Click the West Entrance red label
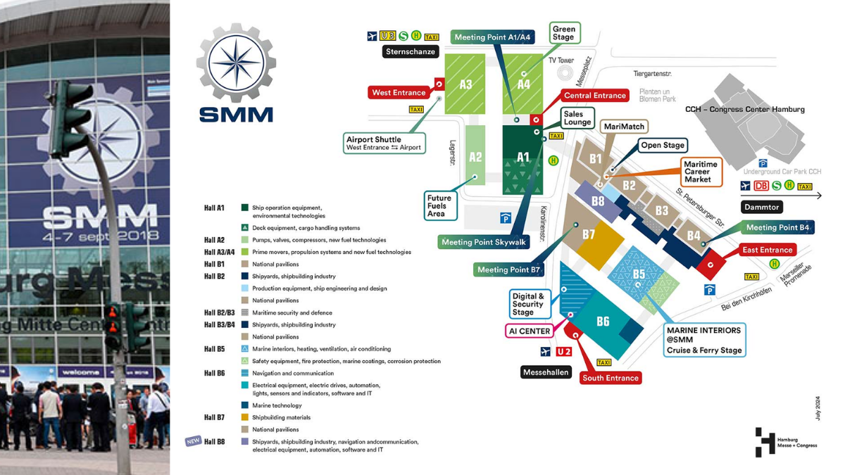399,92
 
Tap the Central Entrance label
594,96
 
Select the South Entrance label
610,378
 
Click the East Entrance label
767,250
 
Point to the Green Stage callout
563,33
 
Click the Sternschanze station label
411,51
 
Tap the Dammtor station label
762,207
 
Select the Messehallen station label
546,372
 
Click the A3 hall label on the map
465,84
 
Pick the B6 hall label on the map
603,322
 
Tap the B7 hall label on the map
589,234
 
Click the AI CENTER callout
530,331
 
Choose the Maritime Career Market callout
701,172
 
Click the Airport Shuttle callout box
384,143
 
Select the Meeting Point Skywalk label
484,242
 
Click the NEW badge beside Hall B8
193,441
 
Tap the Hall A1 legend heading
214,208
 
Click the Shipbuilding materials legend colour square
244,417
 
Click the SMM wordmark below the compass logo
236,114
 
